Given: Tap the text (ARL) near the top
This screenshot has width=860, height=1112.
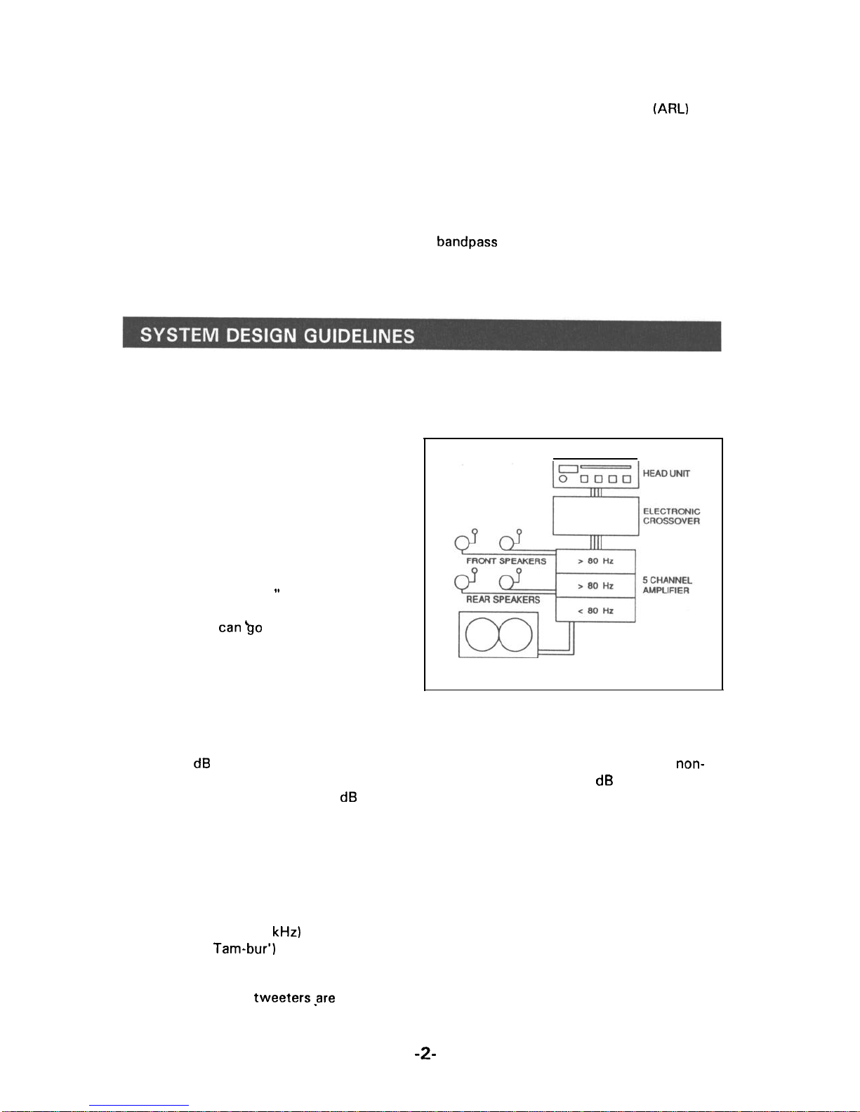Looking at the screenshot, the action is (x=670, y=109).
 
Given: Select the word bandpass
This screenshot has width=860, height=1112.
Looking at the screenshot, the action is (x=467, y=242).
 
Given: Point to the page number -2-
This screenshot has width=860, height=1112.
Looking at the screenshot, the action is (x=425, y=1053).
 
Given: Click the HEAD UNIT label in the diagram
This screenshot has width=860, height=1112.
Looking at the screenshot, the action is (x=666, y=474).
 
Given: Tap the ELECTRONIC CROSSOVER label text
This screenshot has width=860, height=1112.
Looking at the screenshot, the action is (x=671, y=516).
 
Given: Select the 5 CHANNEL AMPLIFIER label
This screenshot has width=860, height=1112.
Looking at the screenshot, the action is (x=667, y=585).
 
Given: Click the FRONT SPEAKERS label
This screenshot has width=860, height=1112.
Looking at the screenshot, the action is (x=506, y=561).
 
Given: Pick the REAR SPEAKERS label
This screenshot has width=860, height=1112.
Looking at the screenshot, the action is (x=503, y=600).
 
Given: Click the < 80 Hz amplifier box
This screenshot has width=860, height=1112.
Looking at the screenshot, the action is (x=595, y=610).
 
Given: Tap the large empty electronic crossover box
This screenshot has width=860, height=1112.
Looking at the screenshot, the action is (x=595, y=516).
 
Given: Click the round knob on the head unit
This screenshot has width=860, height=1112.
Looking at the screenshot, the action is (x=563, y=480).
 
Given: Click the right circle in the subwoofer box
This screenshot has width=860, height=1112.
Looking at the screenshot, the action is (x=515, y=634).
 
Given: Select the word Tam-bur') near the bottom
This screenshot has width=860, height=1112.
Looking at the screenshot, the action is (x=244, y=949).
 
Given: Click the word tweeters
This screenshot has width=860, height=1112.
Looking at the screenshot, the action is (x=282, y=998).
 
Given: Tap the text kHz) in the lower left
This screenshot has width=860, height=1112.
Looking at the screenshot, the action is (x=286, y=932).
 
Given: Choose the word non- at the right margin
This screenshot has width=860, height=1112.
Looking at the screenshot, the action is (x=690, y=764).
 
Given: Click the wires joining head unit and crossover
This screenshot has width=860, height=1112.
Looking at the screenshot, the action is (x=595, y=493).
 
